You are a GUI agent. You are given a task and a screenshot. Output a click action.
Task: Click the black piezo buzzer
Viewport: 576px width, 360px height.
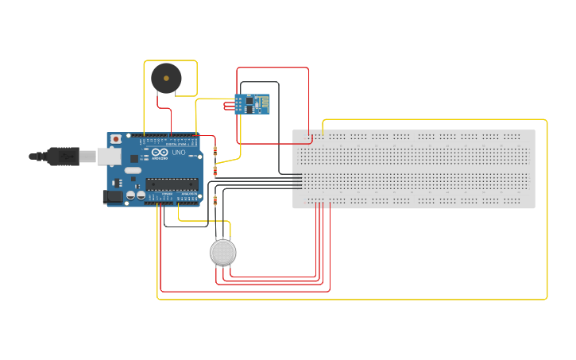[167, 78]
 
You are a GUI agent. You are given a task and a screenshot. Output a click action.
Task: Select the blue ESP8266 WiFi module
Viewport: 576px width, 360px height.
[252, 104]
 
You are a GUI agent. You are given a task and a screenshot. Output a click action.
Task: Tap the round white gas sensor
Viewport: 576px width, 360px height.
[223, 253]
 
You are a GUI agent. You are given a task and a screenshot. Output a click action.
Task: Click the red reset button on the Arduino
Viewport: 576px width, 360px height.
[116, 139]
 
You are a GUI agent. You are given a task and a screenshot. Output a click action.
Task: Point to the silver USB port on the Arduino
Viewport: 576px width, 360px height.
[109, 156]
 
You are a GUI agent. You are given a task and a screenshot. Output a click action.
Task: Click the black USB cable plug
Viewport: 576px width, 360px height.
[64, 157]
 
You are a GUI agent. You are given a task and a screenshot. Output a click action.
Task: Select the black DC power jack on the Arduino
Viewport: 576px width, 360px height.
[113, 195]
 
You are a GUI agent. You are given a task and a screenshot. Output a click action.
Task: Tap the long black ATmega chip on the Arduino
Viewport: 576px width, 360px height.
[171, 184]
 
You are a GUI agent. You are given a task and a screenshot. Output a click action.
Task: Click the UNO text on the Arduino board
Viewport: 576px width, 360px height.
[179, 153]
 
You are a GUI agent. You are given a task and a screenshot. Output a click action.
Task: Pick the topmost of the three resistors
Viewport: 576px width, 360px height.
[215, 150]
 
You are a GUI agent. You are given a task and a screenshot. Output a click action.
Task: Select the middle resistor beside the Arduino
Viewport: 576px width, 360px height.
[215, 171]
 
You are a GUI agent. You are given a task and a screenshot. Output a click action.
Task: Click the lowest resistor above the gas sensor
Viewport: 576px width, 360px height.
[215, 200]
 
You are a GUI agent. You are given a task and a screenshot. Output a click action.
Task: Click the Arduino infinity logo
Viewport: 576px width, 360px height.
[159, 153]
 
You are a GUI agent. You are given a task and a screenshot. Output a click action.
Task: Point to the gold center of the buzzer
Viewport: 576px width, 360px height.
[166, 78]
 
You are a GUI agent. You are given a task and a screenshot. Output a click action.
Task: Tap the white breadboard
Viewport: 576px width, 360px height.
[413, 169]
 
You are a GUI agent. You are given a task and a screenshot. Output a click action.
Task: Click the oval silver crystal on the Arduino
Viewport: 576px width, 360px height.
[133, 170]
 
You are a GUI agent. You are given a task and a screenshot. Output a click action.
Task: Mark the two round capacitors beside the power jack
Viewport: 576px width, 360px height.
[135, 195]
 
